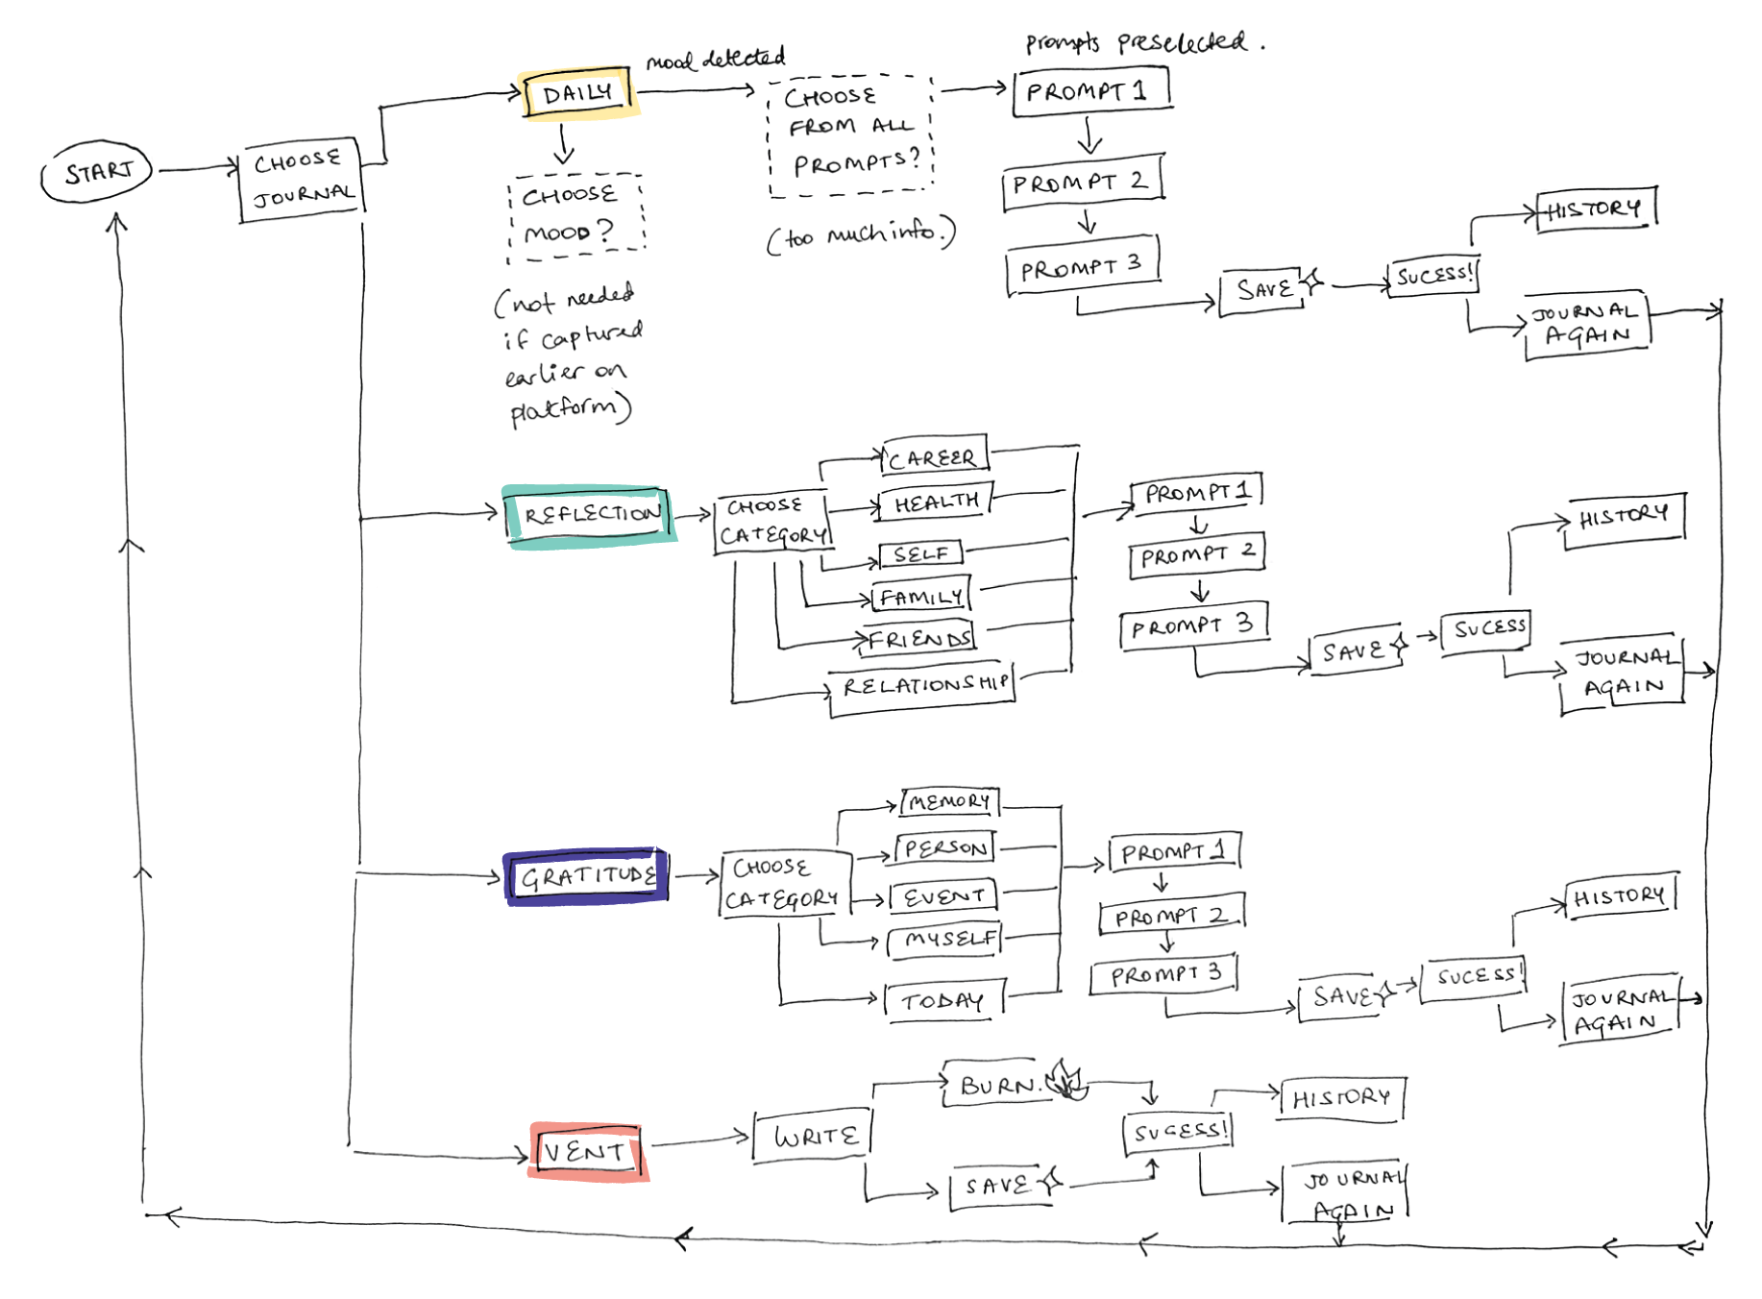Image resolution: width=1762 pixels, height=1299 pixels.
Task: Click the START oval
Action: coord(97,173)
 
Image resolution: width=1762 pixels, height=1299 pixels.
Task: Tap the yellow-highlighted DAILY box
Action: coord(578,94)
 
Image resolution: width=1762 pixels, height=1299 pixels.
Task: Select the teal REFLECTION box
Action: coord(590,516)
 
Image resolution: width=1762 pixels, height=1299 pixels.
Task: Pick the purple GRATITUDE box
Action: coord(587,876)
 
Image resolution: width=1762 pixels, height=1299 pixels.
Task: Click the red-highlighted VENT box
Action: coord(587,1150)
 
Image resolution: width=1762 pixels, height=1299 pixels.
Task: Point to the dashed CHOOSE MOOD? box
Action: coord(575,215)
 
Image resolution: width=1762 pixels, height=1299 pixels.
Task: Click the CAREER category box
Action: coord(933,457)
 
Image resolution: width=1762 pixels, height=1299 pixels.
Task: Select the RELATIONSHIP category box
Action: coord(923,686)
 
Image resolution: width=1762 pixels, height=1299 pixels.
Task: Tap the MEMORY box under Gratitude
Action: coord(949,800)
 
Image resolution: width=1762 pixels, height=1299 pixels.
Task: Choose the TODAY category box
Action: coord(943,1001)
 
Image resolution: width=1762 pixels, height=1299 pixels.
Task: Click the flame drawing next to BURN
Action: coord(1066,1080)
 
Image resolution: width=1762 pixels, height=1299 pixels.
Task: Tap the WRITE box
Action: coord(814,1137)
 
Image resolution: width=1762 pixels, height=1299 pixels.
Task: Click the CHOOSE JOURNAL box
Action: coord(302,180)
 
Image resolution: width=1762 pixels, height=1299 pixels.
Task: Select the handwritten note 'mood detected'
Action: coord(715,60)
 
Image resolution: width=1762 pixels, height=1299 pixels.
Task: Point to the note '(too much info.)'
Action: coord(861,233)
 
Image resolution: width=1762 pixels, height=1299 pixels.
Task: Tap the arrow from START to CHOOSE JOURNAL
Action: coord(197,170)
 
